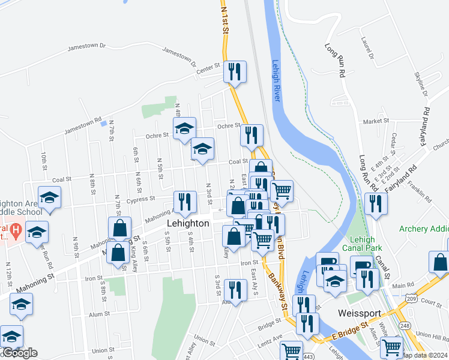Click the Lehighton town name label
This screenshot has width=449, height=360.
click(188, 223)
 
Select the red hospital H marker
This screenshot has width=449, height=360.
click(16, 230)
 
